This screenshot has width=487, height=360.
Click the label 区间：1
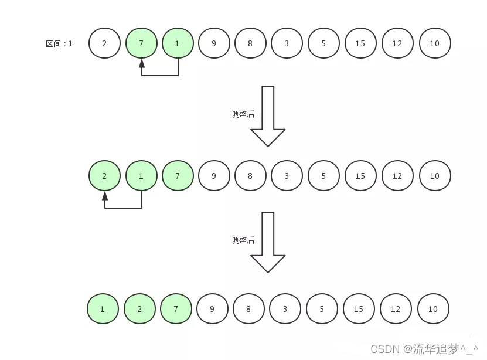pos(59,44)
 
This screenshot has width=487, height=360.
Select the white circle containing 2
pos(104,43)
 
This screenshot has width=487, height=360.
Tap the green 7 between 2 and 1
pos(141,43)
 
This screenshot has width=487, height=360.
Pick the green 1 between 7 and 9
pos(178,43)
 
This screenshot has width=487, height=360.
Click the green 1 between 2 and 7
pos(141,175)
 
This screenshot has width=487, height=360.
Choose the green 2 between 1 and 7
pos(139,308)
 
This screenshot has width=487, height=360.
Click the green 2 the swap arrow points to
pos(104,175)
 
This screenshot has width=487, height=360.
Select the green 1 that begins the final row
pos(103,308)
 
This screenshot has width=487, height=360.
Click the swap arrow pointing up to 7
pos(159,74)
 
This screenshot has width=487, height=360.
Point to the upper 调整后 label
pos(243,114)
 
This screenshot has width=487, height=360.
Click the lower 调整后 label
pos(243,240)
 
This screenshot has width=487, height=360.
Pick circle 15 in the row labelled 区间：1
pos(360,43)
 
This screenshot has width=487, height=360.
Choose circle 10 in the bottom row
pos(432,308)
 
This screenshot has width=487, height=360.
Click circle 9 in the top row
pos(214,43)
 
